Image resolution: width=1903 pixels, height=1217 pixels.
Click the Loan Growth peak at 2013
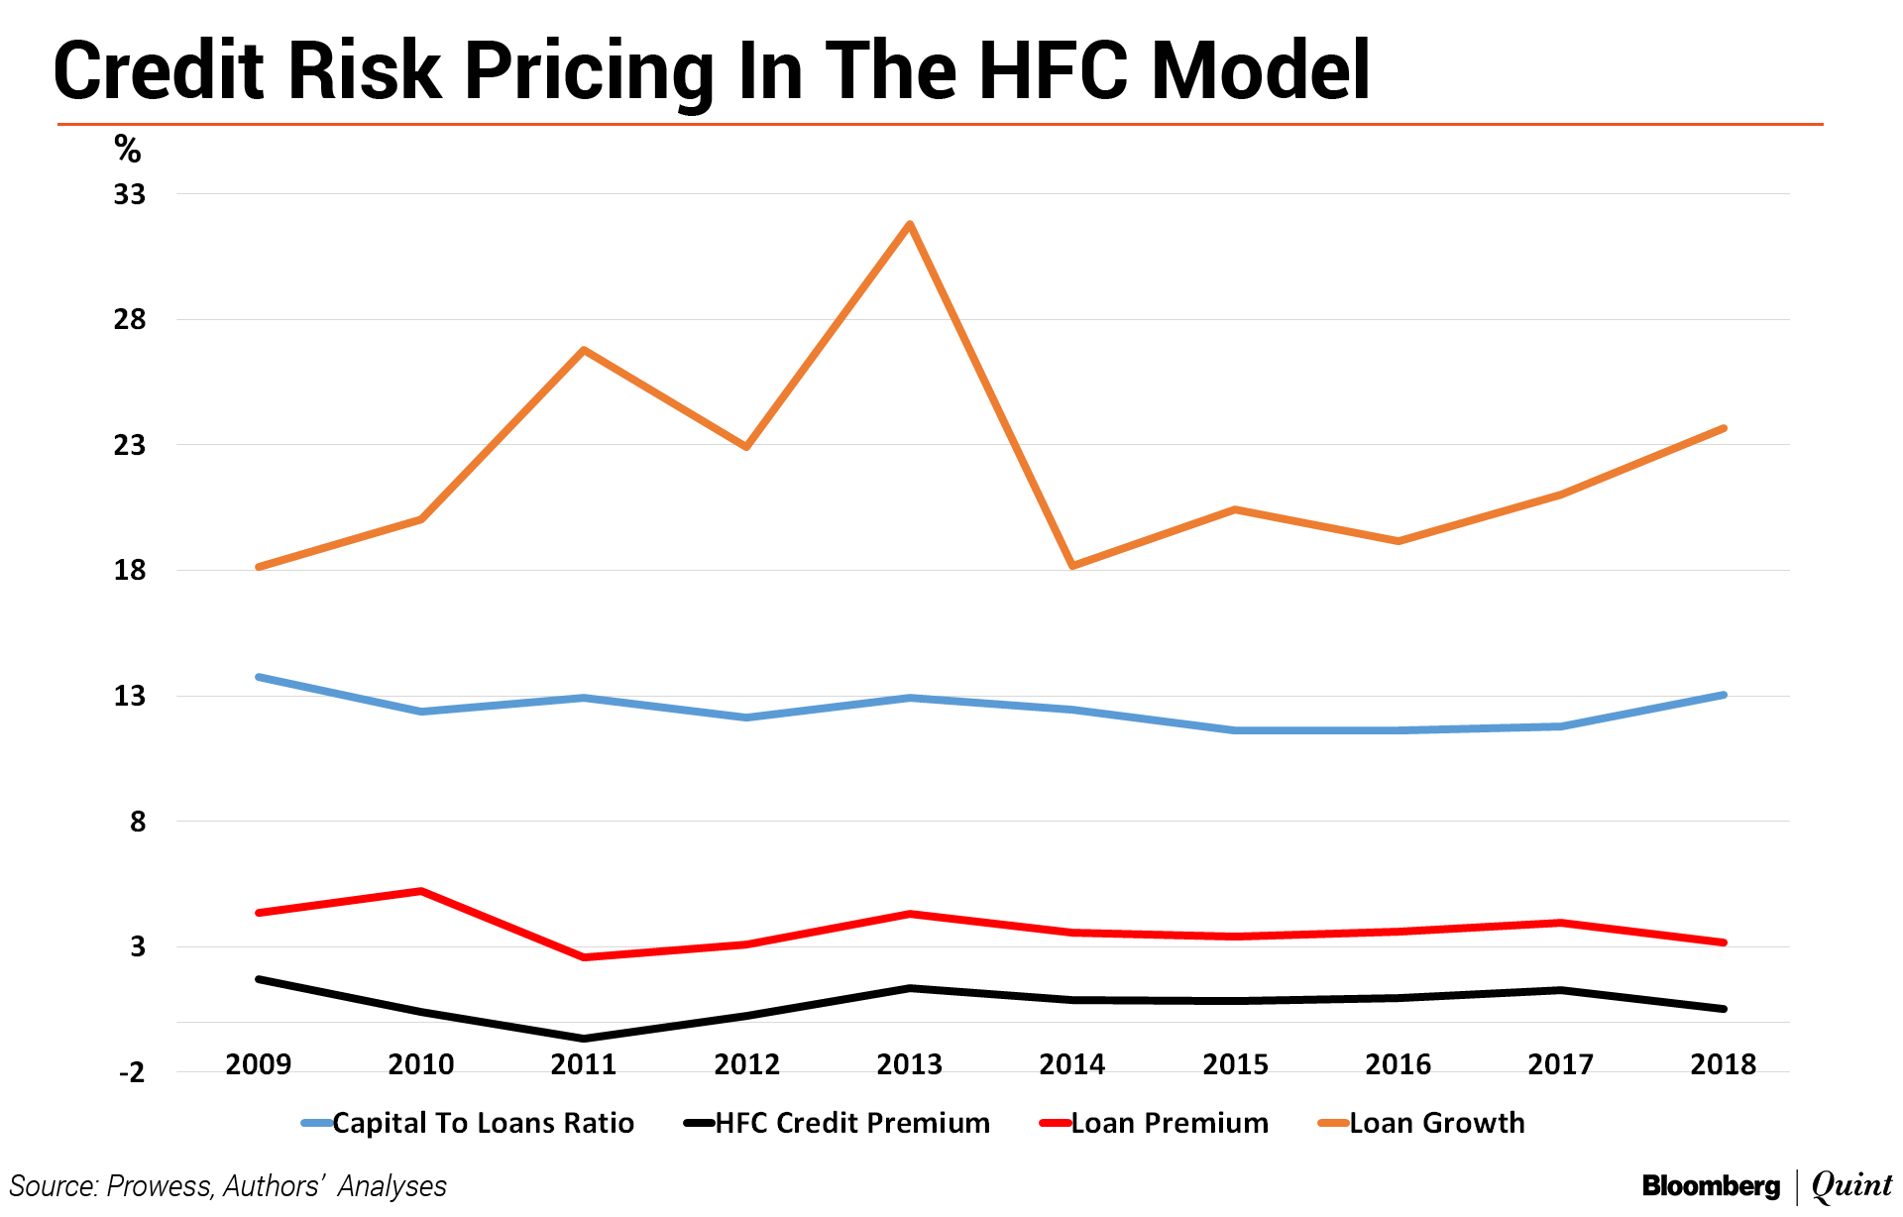[909, 224]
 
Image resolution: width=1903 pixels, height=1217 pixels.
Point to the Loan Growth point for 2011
[584, 350]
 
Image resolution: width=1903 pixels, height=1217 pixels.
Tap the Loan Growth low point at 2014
[1072, 566]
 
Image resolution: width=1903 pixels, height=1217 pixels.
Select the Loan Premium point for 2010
[421, 891]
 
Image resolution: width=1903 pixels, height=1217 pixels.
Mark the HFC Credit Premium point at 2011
[584, 1039]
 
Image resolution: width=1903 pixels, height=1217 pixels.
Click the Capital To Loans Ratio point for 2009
[259, 677]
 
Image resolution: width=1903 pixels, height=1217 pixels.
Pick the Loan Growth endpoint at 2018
[1724, 428]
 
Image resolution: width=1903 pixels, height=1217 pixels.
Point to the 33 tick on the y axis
[130, 194]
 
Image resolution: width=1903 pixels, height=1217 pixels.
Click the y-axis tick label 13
[130, 696]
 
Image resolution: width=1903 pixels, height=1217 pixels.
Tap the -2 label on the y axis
[132, 1072]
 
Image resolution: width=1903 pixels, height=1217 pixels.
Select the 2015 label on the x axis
[1235, 1064]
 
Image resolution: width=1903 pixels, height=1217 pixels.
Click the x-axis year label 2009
[259, 1064]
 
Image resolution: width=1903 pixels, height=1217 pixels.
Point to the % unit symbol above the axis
[128, 150]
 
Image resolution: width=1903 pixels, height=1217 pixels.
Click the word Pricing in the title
[589, 71]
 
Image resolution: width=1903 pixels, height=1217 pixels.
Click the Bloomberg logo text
[1711, 1186]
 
